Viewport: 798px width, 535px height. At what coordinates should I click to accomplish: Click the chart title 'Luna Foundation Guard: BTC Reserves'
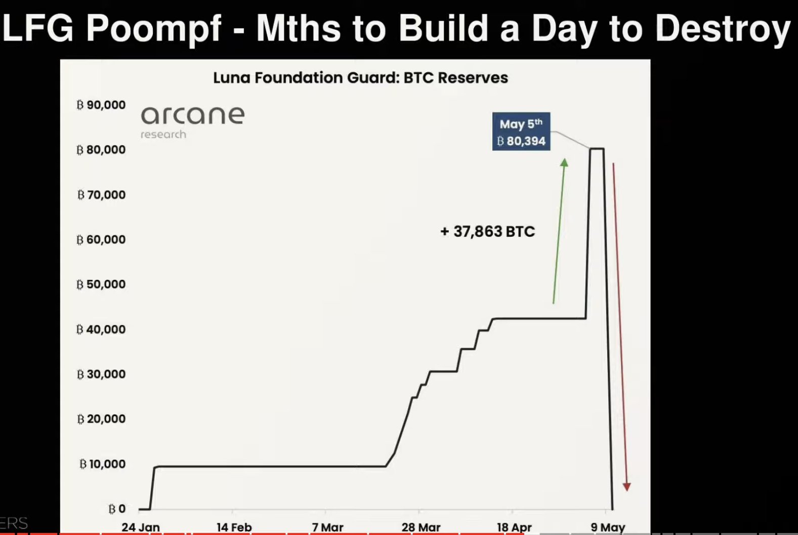[360, 78]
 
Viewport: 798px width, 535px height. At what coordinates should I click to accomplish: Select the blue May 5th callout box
[521, 132]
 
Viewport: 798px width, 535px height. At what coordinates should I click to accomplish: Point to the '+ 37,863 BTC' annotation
[488, 232]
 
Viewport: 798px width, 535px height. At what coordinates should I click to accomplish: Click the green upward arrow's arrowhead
[564, 162]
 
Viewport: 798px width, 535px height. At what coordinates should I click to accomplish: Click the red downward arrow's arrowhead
[626, 487]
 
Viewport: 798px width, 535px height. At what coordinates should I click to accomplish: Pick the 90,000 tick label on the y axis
[101, 105]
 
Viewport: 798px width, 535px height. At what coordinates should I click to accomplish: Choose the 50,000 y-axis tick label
[101, 284]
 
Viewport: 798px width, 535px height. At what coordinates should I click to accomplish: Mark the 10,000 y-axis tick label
[103, 464]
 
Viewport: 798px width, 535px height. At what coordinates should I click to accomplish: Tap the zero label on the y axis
[117, 509]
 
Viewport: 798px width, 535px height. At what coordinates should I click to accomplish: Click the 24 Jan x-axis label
[141, 527]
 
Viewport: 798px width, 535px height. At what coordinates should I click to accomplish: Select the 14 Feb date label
[234, 527]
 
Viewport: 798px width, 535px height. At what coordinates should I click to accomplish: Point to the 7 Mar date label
[327, 527]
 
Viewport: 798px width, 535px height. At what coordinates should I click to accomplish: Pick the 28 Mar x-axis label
[421, 527]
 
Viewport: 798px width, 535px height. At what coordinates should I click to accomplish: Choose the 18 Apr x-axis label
[514, 527]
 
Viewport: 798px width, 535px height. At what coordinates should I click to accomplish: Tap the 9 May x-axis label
[608, 527]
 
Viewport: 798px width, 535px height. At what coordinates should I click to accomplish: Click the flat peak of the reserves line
[597, 148]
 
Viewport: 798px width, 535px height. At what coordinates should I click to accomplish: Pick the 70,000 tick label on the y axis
[101, 194]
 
